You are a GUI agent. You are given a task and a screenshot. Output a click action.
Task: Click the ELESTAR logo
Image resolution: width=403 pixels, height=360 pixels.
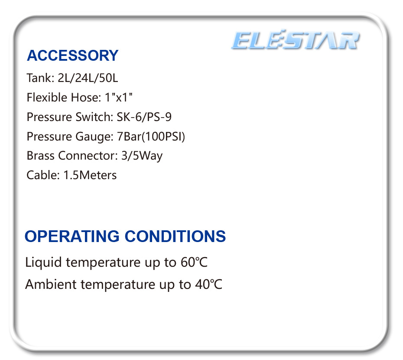295,41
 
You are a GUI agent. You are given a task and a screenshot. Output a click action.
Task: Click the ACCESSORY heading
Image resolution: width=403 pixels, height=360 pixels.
72,56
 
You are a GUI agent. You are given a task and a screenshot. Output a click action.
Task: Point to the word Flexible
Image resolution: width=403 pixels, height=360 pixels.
47,98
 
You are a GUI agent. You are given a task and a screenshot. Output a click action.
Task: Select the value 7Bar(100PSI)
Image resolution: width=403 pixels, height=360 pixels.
151,137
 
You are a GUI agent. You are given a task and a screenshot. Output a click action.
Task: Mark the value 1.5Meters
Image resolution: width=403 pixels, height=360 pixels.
90,175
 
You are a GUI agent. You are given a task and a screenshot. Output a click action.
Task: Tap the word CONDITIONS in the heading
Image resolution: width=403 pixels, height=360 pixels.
175,236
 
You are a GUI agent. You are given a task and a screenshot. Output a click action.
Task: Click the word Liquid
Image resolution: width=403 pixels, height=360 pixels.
44,262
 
